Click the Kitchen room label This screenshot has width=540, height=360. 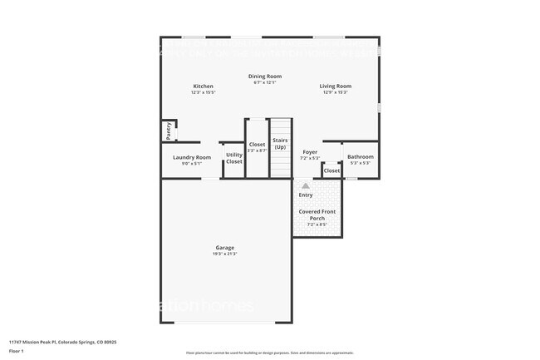click(204, 86)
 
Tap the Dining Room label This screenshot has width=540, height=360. click(264, 76)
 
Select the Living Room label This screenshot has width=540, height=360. click(336, 86)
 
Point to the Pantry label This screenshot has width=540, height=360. click(169, 131)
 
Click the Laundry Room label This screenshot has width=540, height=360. click(191, 157)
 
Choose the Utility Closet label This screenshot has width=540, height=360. click(234, 158)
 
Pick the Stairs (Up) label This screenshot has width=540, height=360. click(280, 144)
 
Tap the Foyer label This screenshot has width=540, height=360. click(309, 153)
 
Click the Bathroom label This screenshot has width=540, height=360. click(360, 157)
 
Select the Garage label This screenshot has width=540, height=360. click(224, 247)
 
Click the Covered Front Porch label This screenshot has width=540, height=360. click(317, 215)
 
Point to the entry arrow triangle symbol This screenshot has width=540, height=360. click(305, 186)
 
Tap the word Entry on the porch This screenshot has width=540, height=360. click(306, 195)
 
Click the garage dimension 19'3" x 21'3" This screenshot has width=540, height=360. click(224, 254)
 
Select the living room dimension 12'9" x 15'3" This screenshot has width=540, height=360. click(336, 92)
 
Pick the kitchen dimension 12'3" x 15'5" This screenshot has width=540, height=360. click(204, 92)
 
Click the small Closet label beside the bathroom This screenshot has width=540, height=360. click(331, 170)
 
